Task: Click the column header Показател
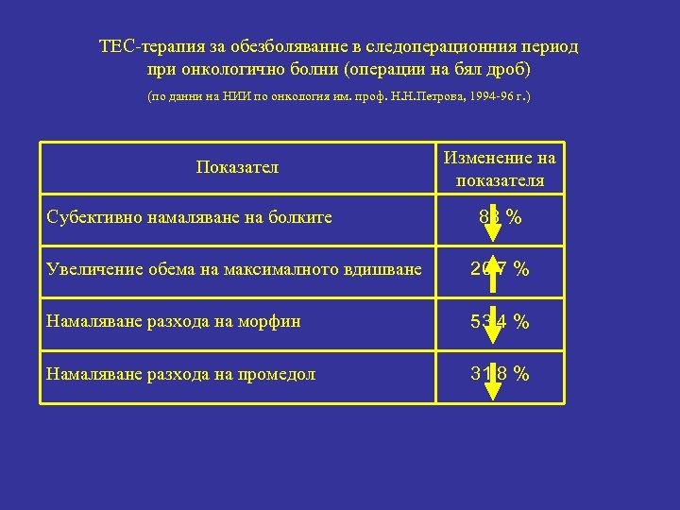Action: (x=237, y=168)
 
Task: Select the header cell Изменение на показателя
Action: (x=500, y=168)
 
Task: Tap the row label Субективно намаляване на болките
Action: (x=189, y=218)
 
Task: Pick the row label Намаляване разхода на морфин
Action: (x=174, y=321)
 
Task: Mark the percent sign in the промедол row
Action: (x=520, y=374)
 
